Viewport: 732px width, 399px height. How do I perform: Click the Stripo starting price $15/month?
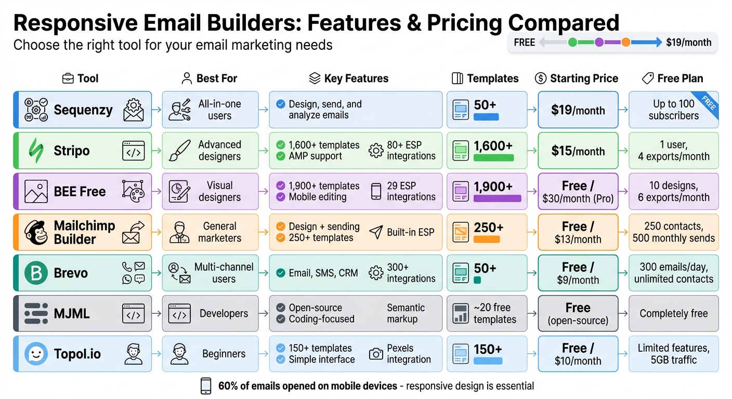[578, 151]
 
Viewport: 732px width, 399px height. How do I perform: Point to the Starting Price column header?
[577, 78]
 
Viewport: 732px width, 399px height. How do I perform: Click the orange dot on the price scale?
[626, 43]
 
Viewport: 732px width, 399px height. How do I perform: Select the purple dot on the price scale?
[599, 43]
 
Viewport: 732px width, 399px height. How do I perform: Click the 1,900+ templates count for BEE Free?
[493, 187]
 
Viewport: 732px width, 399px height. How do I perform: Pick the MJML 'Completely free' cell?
[673, 313]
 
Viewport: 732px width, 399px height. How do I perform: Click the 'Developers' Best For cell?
[210, 313]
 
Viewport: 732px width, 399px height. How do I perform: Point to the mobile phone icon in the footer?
[206, 386]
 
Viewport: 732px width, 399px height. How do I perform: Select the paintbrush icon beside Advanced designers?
[179, 151]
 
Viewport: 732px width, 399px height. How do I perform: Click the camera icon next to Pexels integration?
[375, 354]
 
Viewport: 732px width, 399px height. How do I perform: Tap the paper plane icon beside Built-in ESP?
[375, 232]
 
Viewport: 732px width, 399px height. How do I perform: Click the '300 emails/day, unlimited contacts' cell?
[673, 273]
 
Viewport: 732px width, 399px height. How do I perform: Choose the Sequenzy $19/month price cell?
[578, 110]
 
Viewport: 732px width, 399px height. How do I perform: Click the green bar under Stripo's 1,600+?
[493, 158]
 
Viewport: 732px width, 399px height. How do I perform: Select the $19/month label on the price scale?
[688, 43]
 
